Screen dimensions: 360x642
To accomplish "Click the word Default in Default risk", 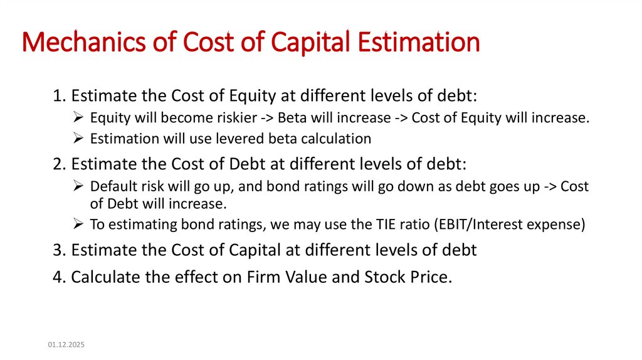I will pyautogui.click(x=111, y=187).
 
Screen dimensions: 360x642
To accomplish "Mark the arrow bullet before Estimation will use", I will pyautogui.click(x=78, y=138).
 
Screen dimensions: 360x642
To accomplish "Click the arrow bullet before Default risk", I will pyautogui.click(x=78, y=187).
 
